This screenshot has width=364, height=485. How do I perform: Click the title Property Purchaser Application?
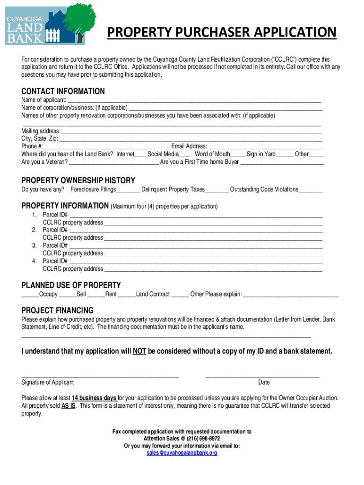click(222, 33)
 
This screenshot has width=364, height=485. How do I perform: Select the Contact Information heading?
click(63, 91)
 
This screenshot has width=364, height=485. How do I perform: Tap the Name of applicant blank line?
click(194, 101)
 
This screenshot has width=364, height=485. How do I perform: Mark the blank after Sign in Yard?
click(285, 155)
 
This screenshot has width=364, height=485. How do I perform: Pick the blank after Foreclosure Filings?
click(128, 190)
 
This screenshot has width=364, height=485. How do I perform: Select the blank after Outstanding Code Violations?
click(311, 190)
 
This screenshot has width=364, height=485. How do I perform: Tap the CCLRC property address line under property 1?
click(213, 223)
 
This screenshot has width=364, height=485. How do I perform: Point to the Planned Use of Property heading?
click(71, 285)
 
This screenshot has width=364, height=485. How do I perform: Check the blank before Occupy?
click(30, 295)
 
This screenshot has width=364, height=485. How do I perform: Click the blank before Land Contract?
click(127, 295)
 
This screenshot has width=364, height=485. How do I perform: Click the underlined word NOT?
click(139, 351)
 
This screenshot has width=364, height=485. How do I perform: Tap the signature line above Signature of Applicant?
click(100, 376)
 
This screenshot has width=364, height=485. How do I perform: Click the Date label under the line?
click(264, 383)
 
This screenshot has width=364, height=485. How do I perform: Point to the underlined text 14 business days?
click(94, 398)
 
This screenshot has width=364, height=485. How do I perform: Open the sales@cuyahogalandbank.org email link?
click(182, 453)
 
